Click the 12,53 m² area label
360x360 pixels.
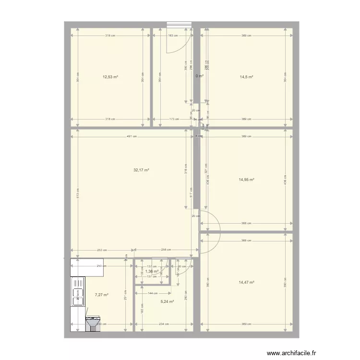110,77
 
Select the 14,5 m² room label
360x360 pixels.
247,77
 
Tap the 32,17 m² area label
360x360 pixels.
141,170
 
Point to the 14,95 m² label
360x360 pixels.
246,180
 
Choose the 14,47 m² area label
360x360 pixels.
246,282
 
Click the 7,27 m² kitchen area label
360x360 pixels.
101,295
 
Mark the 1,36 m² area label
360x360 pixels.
152,271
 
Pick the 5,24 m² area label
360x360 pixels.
166,302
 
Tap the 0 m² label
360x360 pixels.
200,76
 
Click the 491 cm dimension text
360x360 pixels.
132,136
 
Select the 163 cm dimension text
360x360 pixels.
172,36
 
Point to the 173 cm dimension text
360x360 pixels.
173,119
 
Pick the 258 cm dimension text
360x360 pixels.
165,250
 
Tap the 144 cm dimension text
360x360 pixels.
153,293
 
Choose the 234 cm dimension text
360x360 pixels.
164,324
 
